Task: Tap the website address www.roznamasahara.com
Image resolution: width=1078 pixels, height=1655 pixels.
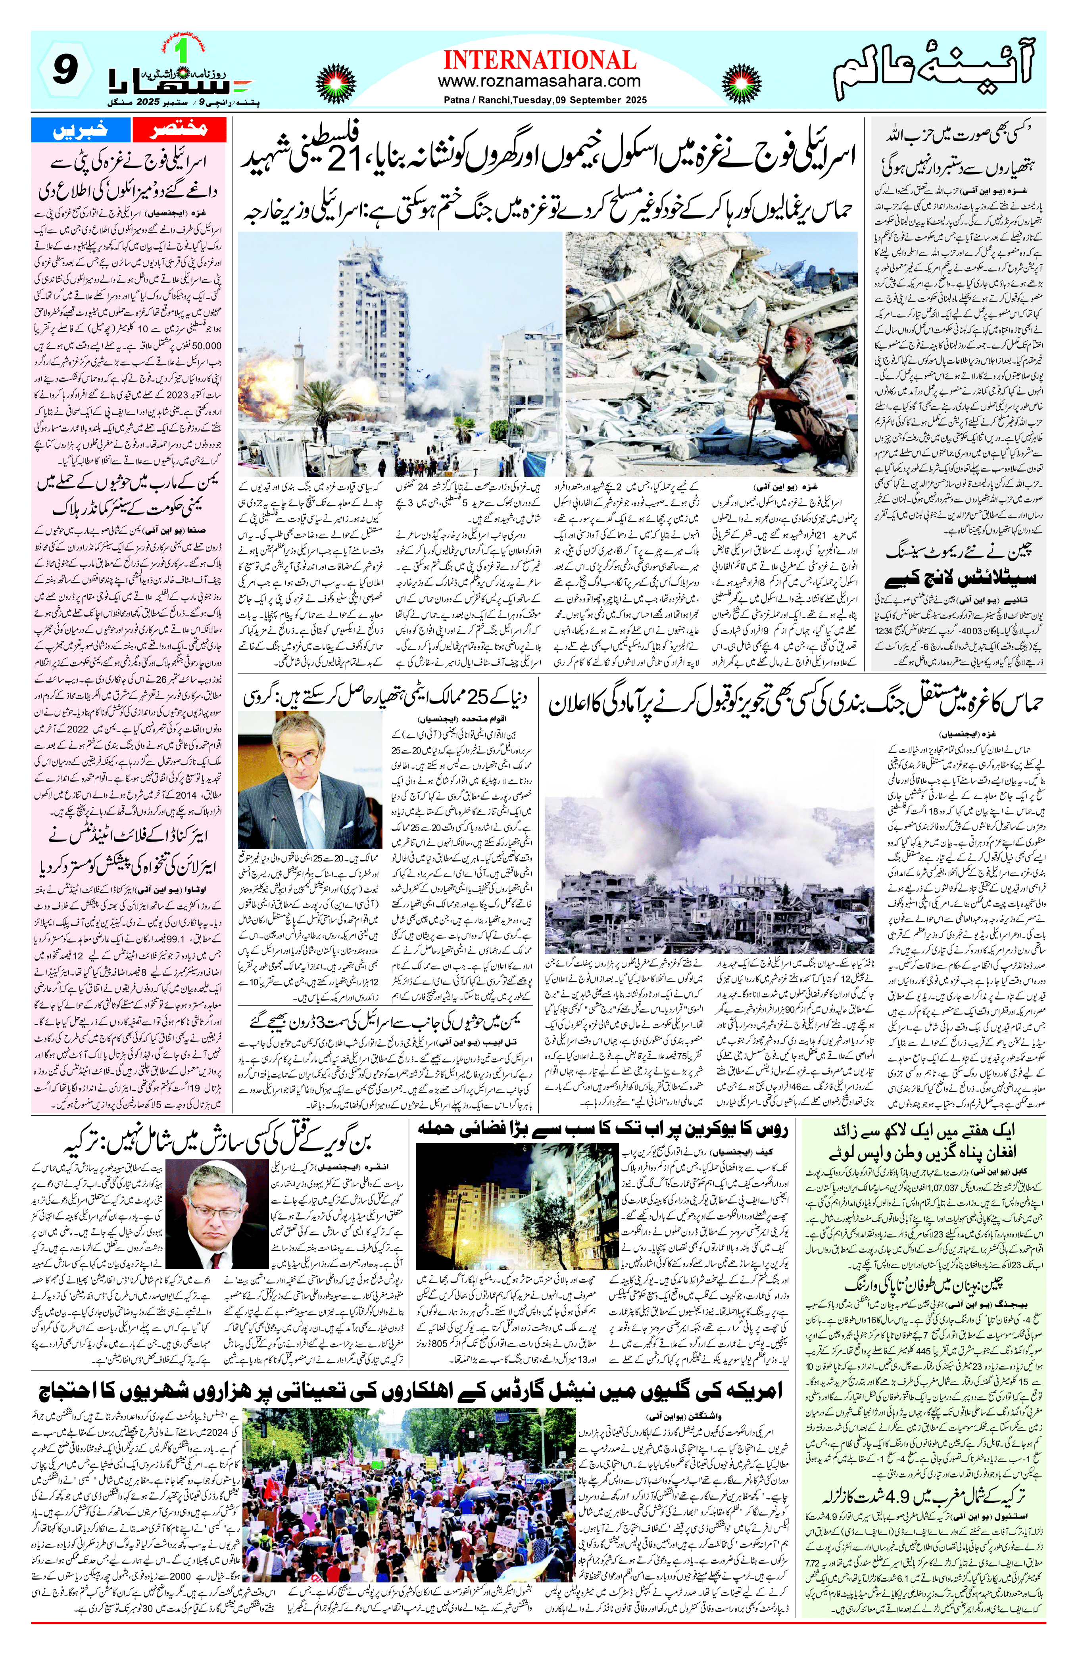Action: pos(540,81)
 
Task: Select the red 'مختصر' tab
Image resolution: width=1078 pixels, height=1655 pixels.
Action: pos(179,129)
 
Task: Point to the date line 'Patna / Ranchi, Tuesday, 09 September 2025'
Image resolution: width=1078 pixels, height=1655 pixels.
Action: pos(545,100)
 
